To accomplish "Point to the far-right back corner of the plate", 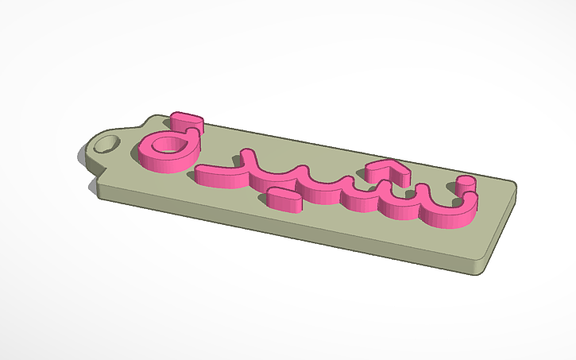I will pos(517,188).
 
